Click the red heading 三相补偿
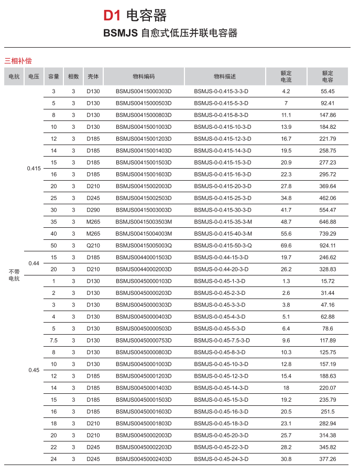18,61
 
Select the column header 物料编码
144,76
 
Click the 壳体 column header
93,76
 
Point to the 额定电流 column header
286,76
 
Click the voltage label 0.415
34,168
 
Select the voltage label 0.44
34,263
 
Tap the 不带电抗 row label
14,275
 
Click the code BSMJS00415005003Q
144,245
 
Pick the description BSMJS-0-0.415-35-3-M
223,222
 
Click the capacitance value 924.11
328,245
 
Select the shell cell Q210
93,245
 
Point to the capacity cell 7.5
53,340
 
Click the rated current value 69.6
286,245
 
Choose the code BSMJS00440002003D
144,269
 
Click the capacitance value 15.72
328,281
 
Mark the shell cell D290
93,209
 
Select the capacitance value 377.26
328,459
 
